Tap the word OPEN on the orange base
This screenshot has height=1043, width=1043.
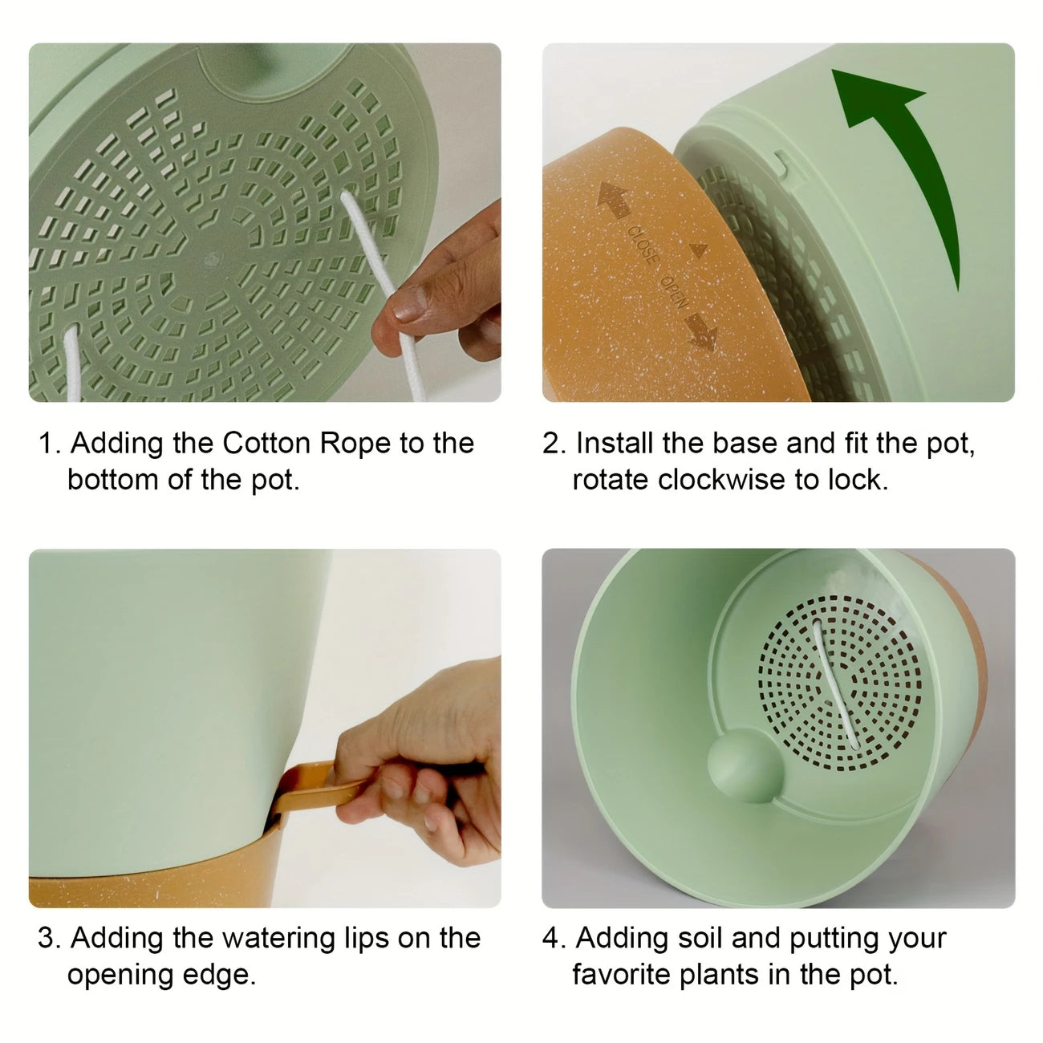(675, 292)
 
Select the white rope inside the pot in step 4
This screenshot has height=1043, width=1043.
(834, 685)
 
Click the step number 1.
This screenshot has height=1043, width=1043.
(49, 444)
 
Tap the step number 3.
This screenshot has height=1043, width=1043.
(49, 939)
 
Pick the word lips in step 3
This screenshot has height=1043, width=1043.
(367, 940)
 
